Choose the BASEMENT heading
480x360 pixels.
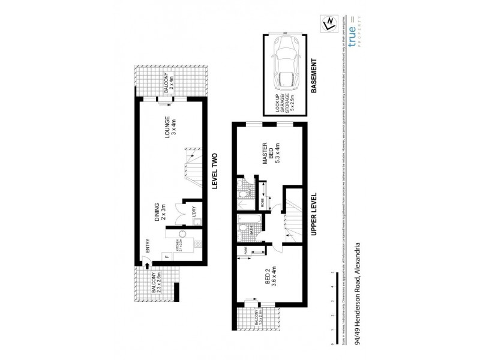tap(319, 74)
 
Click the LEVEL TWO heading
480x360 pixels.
tap(215, 171)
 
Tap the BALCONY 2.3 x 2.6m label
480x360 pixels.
tap(157, 282)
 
